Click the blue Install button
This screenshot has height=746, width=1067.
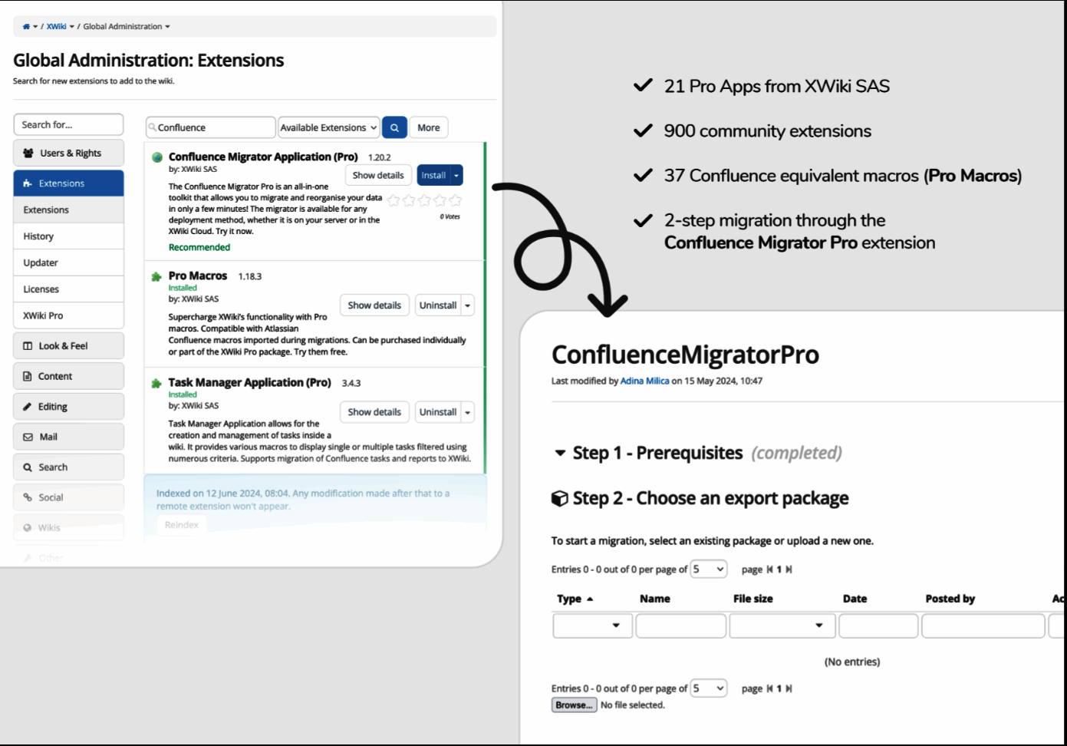(433, 176)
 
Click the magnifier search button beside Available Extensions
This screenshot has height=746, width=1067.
(394, 128)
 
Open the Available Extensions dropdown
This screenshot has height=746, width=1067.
(328, 128)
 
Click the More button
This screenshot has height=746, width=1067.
(429, 128)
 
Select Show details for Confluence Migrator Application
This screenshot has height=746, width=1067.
(378, 176)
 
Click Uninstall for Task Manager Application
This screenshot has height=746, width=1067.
(438, 412)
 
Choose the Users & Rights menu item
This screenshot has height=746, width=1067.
(69, 153)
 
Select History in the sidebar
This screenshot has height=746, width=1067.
(38, 236)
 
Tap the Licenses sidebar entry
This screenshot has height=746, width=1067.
(41, 289)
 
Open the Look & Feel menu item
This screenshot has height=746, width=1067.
(63, 346)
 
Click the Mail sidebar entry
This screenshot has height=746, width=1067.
(48, 437)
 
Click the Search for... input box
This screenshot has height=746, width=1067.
(68, 125)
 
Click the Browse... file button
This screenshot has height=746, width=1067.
(574, 705)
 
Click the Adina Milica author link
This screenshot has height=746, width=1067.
(644, 381)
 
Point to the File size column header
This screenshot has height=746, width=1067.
(752, 599)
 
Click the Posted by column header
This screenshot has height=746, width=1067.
(950, 599)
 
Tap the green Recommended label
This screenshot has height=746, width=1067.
(199, 247)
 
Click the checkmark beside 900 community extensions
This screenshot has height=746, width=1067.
(643, 131)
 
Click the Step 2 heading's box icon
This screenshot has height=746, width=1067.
(560, 499)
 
